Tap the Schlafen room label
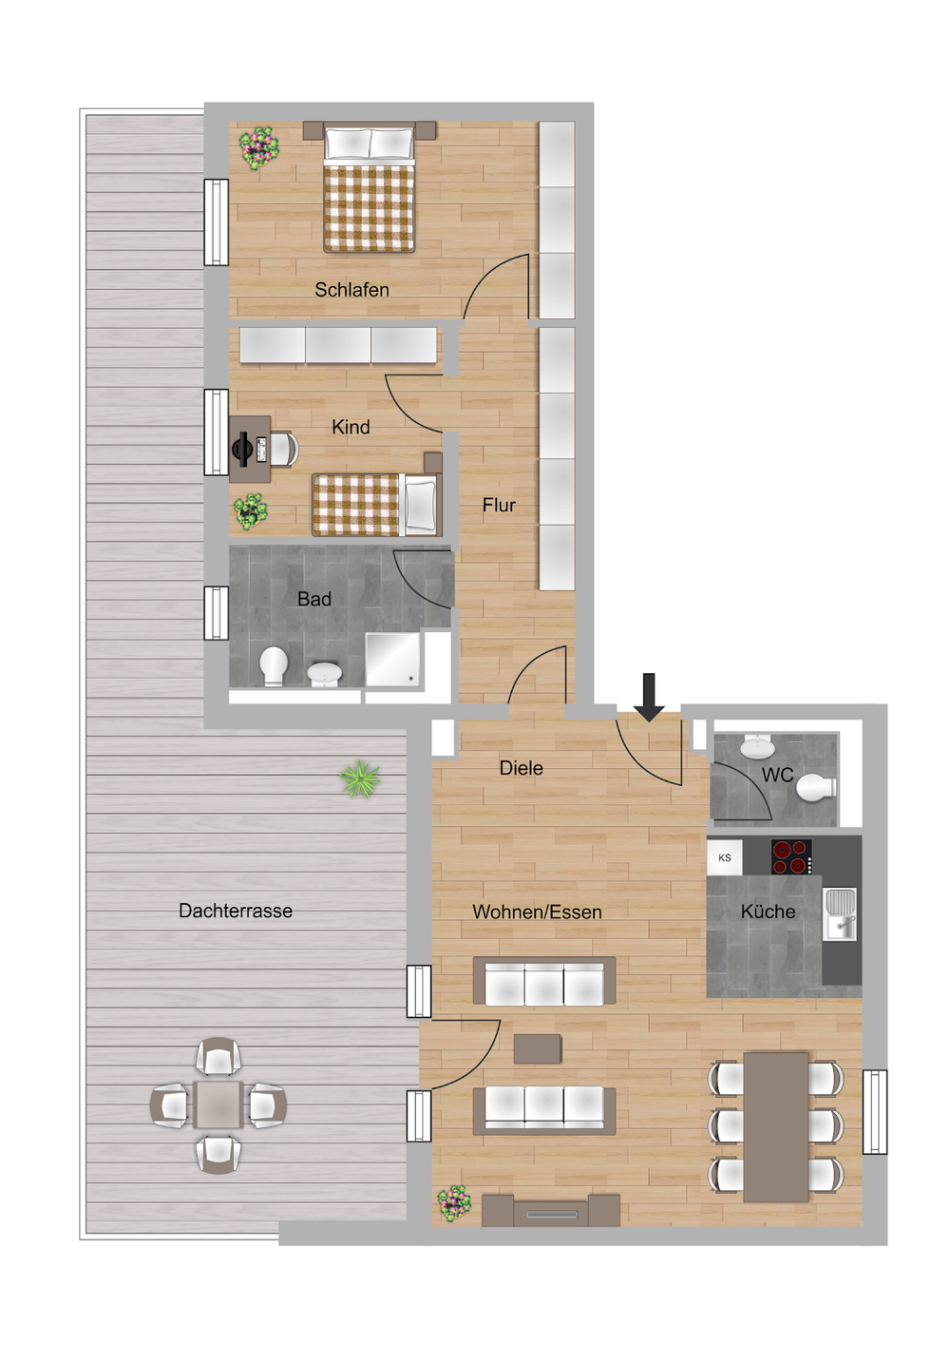point(351,290)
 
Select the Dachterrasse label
point(236,911)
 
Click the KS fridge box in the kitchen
point(724,857)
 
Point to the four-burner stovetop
point(791,856)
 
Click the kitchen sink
point(840,915)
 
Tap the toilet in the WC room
point(816,787)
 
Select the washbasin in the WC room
point(759,746)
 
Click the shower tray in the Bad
point(392,659)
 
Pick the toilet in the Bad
point(274,666)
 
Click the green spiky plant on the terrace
point(360,778)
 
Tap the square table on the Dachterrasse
point(218,1105)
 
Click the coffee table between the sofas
point(538,1048)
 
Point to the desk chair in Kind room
point(284,449)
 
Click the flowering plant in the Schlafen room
point(259,147)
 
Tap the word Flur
point(499,505)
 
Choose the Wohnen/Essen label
point(537,913)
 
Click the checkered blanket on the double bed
point(370,208)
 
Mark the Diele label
point(521,768)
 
